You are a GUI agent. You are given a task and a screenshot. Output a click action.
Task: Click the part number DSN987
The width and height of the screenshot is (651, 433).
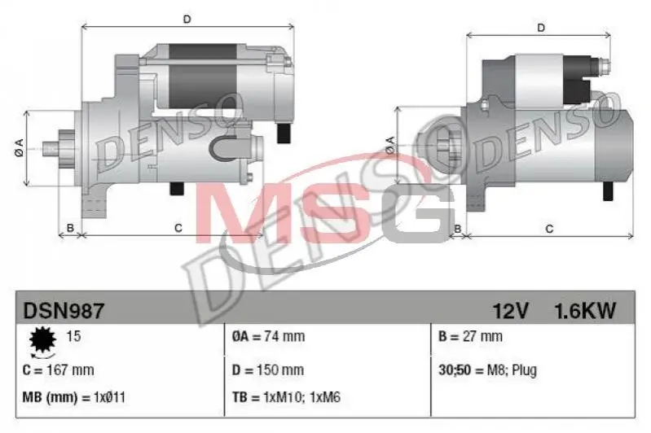click(64, 311)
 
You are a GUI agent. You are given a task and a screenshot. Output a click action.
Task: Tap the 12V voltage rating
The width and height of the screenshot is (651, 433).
click(510, 311)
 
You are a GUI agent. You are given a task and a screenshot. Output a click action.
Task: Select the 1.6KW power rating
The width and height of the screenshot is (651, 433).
click(585, 311)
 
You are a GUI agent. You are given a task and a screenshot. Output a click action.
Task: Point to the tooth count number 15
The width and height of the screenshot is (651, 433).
click(73, 336)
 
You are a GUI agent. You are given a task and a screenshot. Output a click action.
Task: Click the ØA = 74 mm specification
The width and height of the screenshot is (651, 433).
click(268, 336)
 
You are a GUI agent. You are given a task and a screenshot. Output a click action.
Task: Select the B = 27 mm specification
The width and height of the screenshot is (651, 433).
click(470, 336)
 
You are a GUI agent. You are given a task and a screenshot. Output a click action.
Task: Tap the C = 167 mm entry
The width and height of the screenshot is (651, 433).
click(58, 370)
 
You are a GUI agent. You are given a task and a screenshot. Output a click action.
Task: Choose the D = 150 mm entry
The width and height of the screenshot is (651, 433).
click(268, 370)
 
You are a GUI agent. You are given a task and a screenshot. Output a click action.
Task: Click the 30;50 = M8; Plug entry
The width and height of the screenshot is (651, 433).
click(488, 370)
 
